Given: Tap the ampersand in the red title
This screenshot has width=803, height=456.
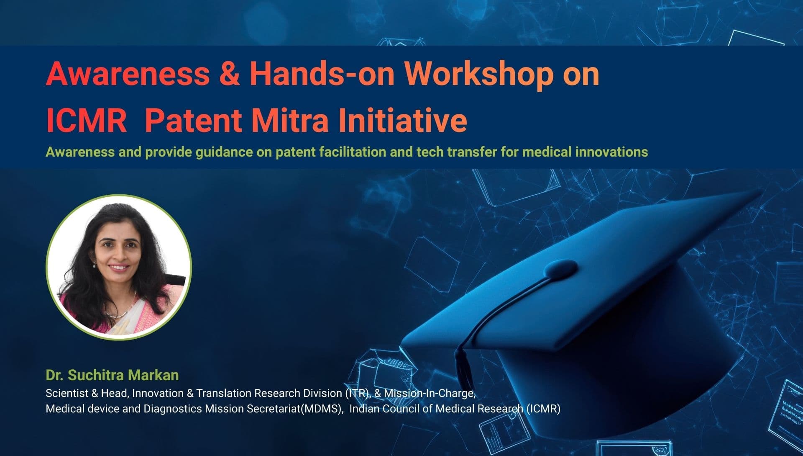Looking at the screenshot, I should (229, 74).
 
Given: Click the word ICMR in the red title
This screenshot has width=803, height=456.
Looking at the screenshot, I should (86, 121).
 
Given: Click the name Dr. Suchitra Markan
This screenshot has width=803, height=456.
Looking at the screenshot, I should (112, 375).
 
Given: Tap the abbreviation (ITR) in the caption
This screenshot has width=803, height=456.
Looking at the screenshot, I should (358, 393).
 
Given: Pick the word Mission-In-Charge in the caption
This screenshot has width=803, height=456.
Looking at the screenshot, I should (430, 393).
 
